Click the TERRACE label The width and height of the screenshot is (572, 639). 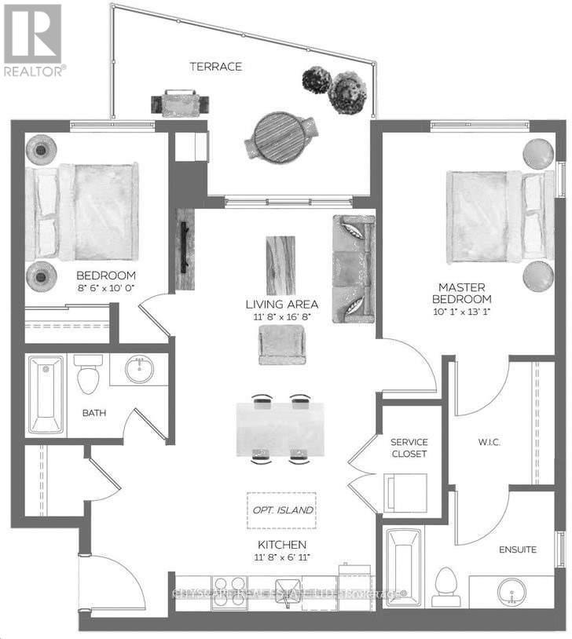click(215, 67)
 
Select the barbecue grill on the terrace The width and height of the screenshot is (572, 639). click(181, 104)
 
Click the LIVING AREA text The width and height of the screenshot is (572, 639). click(282, 304)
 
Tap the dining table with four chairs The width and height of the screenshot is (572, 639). click(280, 430)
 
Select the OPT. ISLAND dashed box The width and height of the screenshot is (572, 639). click(281, 509)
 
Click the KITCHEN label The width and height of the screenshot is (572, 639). click(280, 545)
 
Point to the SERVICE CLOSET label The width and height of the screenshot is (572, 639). click(409, 448)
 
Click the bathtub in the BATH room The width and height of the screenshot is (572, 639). click(46, 395)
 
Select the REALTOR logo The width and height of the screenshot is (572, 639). click(34, 39)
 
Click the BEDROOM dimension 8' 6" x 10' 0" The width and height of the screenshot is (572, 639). click(106, 290)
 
